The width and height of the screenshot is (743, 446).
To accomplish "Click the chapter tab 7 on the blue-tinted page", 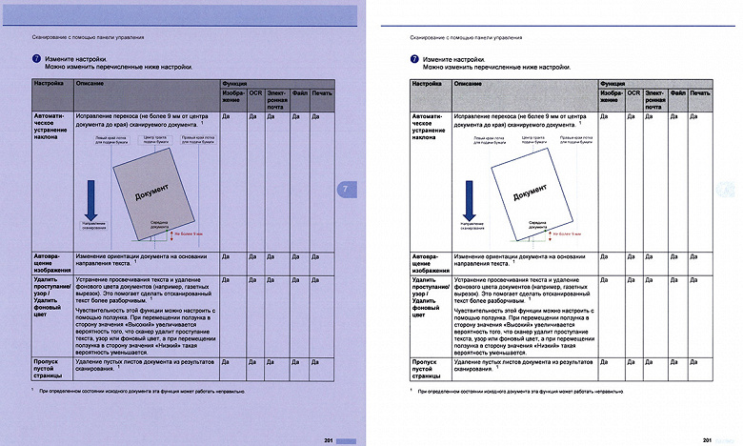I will [345, 190].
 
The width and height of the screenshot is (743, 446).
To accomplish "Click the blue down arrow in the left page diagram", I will [93, 201].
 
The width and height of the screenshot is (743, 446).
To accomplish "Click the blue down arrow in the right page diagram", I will [467, 202].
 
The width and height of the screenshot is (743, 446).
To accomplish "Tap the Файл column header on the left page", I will [298, 92].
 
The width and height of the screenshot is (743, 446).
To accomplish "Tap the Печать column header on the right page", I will [700, 92].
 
